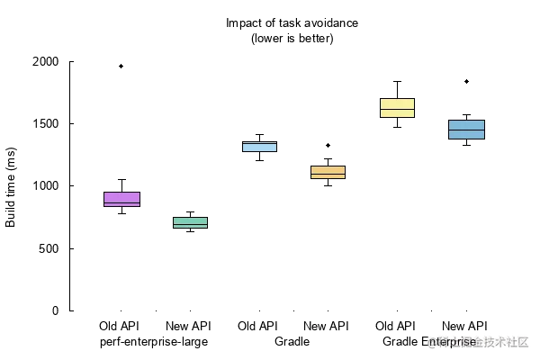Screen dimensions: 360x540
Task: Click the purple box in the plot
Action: point(121,199)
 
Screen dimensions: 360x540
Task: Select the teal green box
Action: point(190,222)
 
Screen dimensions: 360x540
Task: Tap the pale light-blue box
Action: point(258,146)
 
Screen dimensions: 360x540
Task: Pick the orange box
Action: point(328,172)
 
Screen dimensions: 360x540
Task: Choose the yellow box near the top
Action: point(397,107)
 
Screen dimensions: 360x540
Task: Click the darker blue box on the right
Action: point(466,130)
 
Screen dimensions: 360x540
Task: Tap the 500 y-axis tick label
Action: point(49,248)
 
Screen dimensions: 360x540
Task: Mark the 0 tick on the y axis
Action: point(56,310)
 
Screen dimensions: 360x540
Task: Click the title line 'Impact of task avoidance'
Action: point(292,22)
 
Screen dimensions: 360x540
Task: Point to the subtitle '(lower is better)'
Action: point(292,39)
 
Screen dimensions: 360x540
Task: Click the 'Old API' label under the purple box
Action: point(116,325)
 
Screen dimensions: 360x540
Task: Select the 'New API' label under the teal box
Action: point(187,325)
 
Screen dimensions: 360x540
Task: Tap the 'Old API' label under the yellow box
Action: point(395,325)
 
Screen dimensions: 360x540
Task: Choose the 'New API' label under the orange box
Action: point(326,325)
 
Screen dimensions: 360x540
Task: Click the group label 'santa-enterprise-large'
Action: point(153,342)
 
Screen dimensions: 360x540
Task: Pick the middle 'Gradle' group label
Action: point(291,342)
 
